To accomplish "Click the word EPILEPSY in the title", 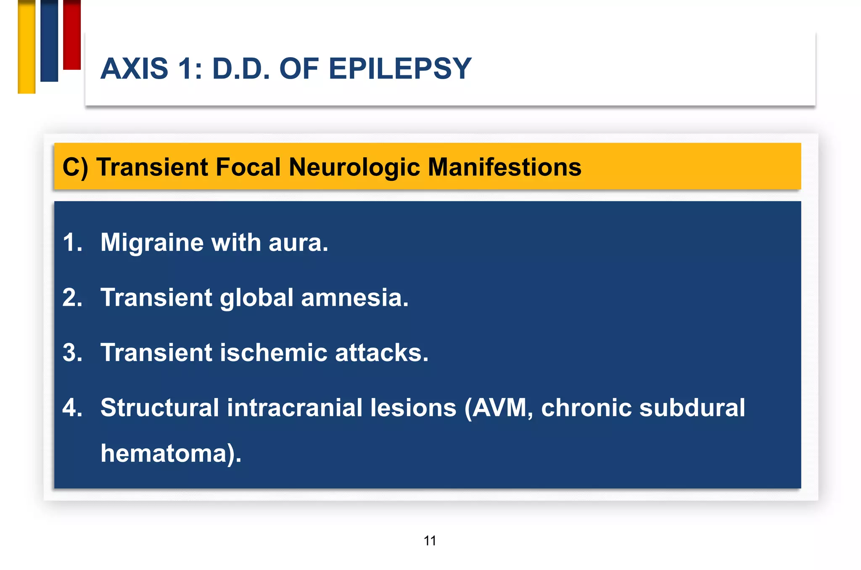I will pos(399,69).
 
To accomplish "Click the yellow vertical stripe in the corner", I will pos(26,46).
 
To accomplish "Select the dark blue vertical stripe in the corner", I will pos(49,40).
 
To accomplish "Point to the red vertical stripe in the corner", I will pos(72,34).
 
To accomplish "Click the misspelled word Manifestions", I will pos(504,167).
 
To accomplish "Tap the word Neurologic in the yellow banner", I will pos(354,167).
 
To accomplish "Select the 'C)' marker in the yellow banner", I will pos(75,167).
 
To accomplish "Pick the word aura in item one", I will pos(298,243).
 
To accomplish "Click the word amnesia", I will pos(354,298).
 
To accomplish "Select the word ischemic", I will pos(273,353).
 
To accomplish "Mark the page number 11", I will pos(430,541).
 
